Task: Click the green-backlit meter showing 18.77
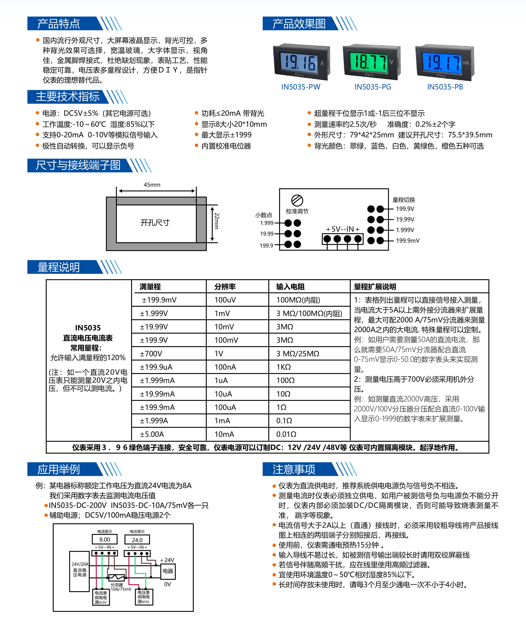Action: pos(372,62)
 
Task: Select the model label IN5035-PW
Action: pos(301,87)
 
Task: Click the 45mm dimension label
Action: pos(152,185)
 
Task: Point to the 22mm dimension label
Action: pos(217,221)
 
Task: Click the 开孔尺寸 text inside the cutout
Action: pos(155,223)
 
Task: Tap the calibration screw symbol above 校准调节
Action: pos(297,200)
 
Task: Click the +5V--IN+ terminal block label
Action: pos(343,229)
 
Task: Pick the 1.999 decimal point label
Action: pos(267,223)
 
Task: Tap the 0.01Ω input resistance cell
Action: pos(286,434)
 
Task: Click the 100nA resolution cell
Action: pos(225,367)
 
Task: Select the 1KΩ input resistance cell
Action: pos(283,367)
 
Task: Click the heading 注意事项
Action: pos(294,469)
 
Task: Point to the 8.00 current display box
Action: pos(105,540)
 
